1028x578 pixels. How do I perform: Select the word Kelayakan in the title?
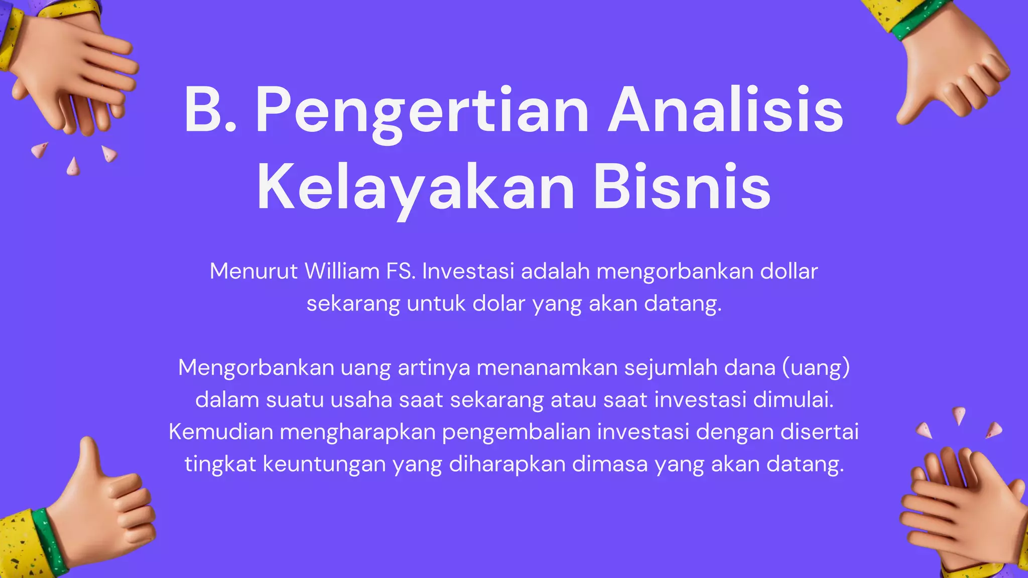[x=416, y=187]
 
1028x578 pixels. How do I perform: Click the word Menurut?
[x=253, y=271]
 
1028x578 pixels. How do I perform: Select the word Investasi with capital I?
[x=468, y=271]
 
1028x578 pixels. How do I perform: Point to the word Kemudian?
[x=221, y=432]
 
